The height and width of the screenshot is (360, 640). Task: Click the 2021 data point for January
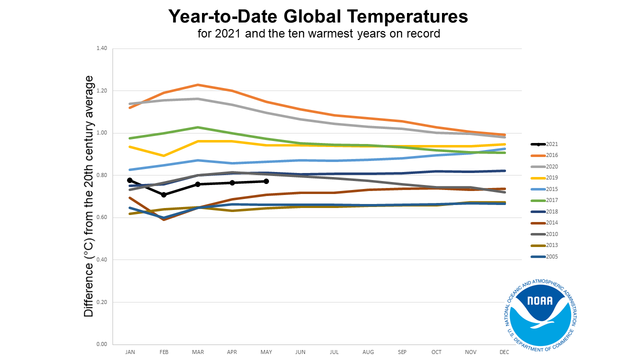(130, 180)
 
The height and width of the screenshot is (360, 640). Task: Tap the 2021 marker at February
(164, 194)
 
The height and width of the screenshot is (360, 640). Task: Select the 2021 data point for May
(266, 181)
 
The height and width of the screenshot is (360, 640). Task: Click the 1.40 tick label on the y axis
(102, 48)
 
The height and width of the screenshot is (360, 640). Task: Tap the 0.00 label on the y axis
(102, 344)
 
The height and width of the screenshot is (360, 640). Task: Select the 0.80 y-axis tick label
(102, 175)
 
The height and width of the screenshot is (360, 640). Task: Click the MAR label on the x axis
(198, 352)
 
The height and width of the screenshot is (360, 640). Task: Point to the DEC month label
(505, 352)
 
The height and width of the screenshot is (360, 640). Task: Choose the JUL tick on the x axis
(334, 352)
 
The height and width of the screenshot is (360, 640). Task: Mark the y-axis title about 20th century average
(89, 196)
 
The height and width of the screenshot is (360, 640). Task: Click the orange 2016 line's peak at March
(198, 85)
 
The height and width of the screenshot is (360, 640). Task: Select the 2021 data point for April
(232, 183)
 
